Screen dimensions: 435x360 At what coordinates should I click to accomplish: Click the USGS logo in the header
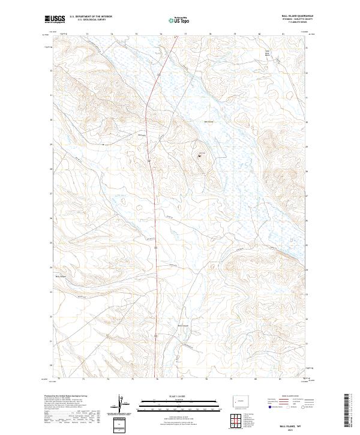[x=55, y=19]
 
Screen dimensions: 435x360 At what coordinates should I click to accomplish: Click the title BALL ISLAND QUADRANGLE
[x=294, y=16]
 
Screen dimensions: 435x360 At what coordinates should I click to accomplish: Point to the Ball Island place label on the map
[x=209, y=122]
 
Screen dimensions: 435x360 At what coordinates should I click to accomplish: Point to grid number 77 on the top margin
[x=185, y=35]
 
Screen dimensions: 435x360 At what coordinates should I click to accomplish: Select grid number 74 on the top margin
[x=112, y=35]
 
